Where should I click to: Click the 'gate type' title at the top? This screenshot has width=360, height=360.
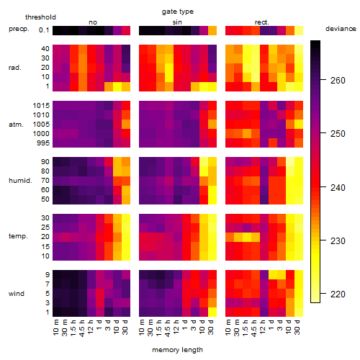(178, 12)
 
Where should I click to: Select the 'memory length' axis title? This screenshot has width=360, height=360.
(177, 350)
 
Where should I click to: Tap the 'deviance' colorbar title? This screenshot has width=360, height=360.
(341, 29)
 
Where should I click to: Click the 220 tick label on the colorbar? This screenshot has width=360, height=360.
(338, 294)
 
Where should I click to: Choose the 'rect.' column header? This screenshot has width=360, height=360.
(262, 22)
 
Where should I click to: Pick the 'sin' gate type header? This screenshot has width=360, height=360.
(177, 22)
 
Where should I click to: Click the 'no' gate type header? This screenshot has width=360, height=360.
(93, 22)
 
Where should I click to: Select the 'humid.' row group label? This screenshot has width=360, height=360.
(20, 181)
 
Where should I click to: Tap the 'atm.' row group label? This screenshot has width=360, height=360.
(16, 125)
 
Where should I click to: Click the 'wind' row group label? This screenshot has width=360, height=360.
(17, 294)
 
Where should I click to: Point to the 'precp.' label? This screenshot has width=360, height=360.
(19, 29)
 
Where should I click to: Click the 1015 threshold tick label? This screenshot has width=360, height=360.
(41, 106)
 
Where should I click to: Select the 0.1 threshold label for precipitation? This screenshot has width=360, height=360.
(44, 30)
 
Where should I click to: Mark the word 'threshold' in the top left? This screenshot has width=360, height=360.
(40, 17)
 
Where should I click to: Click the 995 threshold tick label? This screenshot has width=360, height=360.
(43, 143)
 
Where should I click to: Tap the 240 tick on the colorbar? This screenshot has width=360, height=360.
(323, 187)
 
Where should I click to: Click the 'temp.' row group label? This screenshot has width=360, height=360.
(18, 236)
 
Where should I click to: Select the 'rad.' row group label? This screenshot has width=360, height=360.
(15, 68)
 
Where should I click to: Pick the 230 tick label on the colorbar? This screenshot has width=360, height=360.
(338, 240)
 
